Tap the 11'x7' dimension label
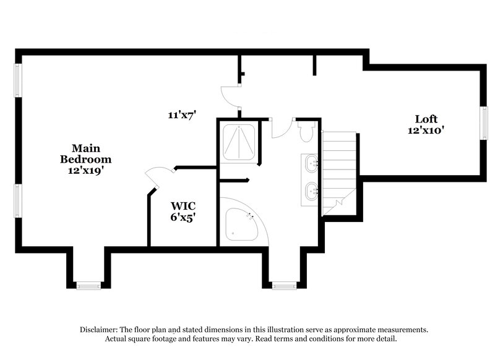point(182,114)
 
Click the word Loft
point(426,119)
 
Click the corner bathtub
point(240,223)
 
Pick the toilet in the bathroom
point(306,132)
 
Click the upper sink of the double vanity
point(311,164)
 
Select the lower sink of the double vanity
point(311,191)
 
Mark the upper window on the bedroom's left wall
point(19,80)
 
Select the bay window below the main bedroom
point(88,285)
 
